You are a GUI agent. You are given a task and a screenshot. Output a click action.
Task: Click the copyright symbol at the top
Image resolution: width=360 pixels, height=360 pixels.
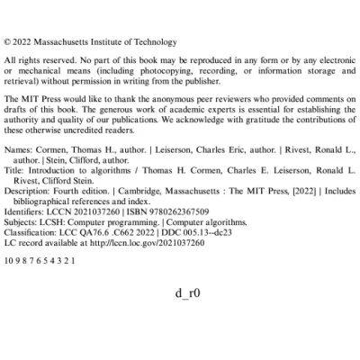pyautogui.click(x=8, y=41)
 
